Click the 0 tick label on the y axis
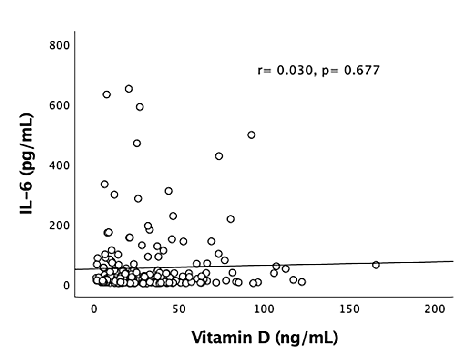(66, 285)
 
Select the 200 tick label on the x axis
(434, 309)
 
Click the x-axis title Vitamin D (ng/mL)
(265, 338)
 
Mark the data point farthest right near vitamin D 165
(376, 265)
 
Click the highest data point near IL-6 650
(129, 89)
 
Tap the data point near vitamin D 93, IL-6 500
(251, 135)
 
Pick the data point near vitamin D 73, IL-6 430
(219, 156)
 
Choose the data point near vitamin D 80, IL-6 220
(231, 219)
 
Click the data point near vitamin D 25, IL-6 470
(137, 143)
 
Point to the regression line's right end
(452, 261)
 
